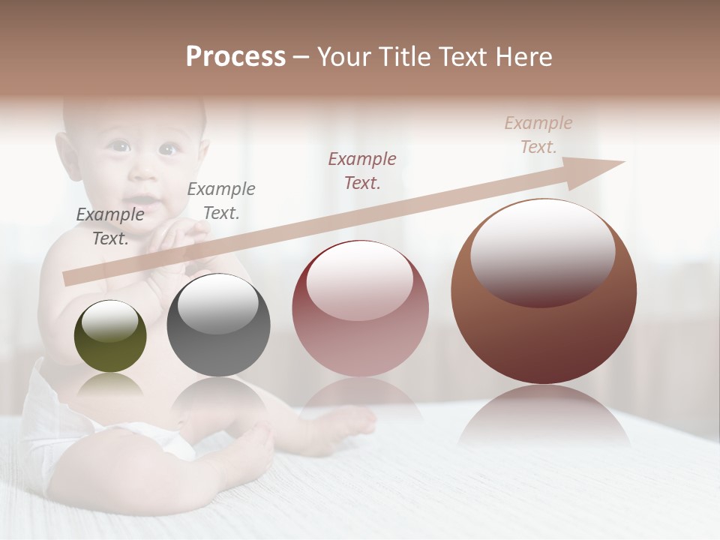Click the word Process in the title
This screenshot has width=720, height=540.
[x=235, y=57]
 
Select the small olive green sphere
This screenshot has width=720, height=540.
[x=110, y=336]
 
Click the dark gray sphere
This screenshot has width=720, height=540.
[x=218, y=325]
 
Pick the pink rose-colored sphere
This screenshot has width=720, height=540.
[x=360, y=308]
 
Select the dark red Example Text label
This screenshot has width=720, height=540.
[x=362, y=170]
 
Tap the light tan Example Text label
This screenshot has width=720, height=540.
[x=538, y=135]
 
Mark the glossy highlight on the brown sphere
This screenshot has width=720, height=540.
[x=542, y=251]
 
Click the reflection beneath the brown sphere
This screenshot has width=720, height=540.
[x=544, y=416]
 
